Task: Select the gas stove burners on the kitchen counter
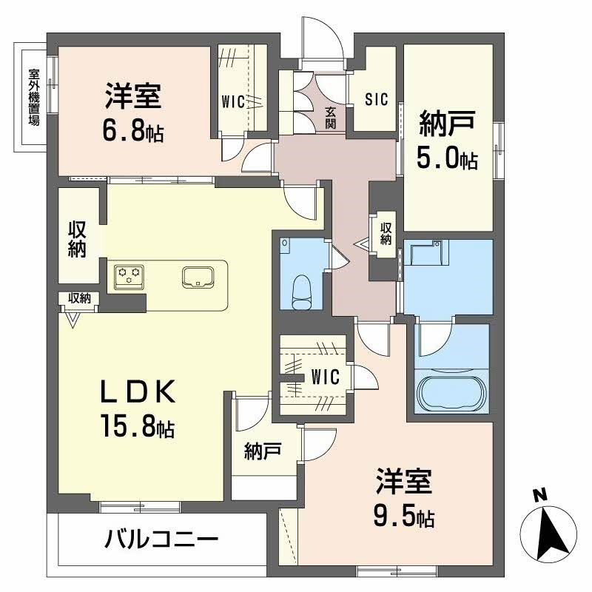[x=128, y=276]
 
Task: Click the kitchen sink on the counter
[x=198, y=276]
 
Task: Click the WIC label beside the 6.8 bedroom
[x=234, y=101]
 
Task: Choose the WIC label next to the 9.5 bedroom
[x=325, y=377]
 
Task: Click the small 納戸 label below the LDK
[x=259, y=451]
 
